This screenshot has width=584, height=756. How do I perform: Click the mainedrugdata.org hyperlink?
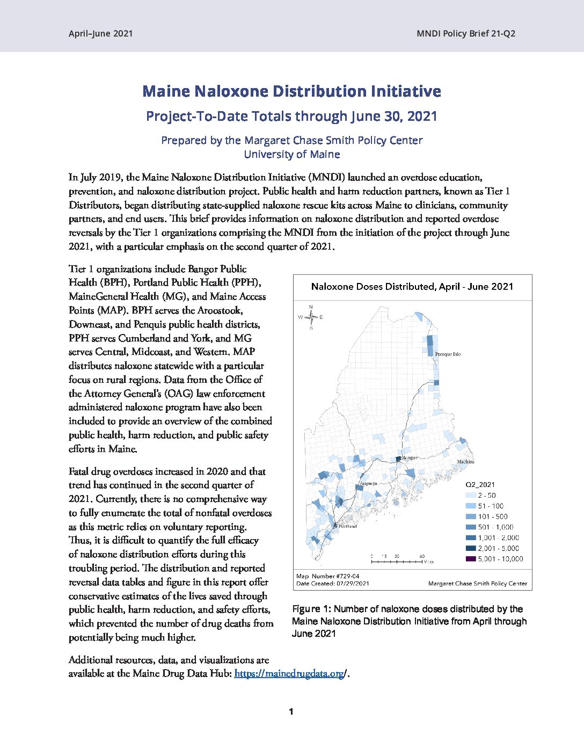tap(289, 673)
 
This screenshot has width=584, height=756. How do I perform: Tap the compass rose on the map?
tap(311, 317)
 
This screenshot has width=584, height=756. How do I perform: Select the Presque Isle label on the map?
tap(448, 354)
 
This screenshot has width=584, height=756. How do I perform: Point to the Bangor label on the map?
tap(410, 457)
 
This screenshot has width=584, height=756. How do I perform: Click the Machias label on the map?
tap(465, 462)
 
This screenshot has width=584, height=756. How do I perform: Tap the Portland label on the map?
tap(347, 526)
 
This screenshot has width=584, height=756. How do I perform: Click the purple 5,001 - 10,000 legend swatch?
tap(470, 559)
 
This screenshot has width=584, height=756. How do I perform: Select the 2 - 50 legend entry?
tap(486, 496)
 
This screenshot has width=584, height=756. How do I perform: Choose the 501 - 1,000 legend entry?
tap(495, 527)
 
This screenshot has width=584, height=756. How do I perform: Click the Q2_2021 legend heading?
tap(480, 484)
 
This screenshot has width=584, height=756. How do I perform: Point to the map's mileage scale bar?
tap(397, 561)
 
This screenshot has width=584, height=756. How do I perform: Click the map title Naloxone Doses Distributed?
tap(412, 287)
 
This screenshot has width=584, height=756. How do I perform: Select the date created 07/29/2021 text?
tap(333, 584)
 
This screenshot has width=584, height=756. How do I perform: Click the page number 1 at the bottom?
tap(291, 712)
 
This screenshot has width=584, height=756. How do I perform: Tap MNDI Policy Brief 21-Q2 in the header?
tap(465, 33)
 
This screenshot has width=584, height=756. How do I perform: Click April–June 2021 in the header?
tap(100, 33)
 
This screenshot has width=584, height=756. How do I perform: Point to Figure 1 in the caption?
tap(311, 609)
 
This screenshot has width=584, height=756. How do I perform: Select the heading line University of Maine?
tap(291, 155)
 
